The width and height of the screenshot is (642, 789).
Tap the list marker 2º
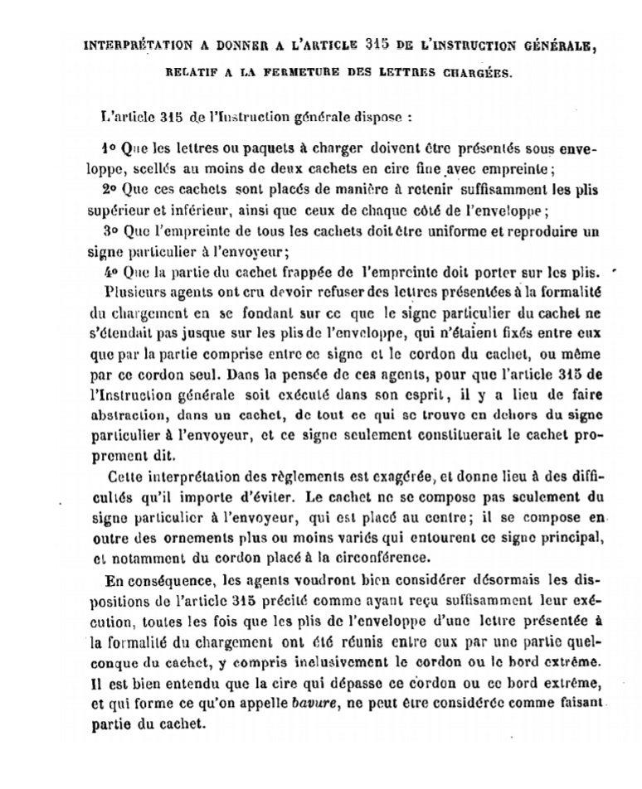pyautogui.click(x=109, y=189)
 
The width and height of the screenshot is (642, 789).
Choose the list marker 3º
pyautogui.click(x=109, y=227)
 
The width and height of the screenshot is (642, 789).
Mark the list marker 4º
pyautogui.click(x=108, y=271)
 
